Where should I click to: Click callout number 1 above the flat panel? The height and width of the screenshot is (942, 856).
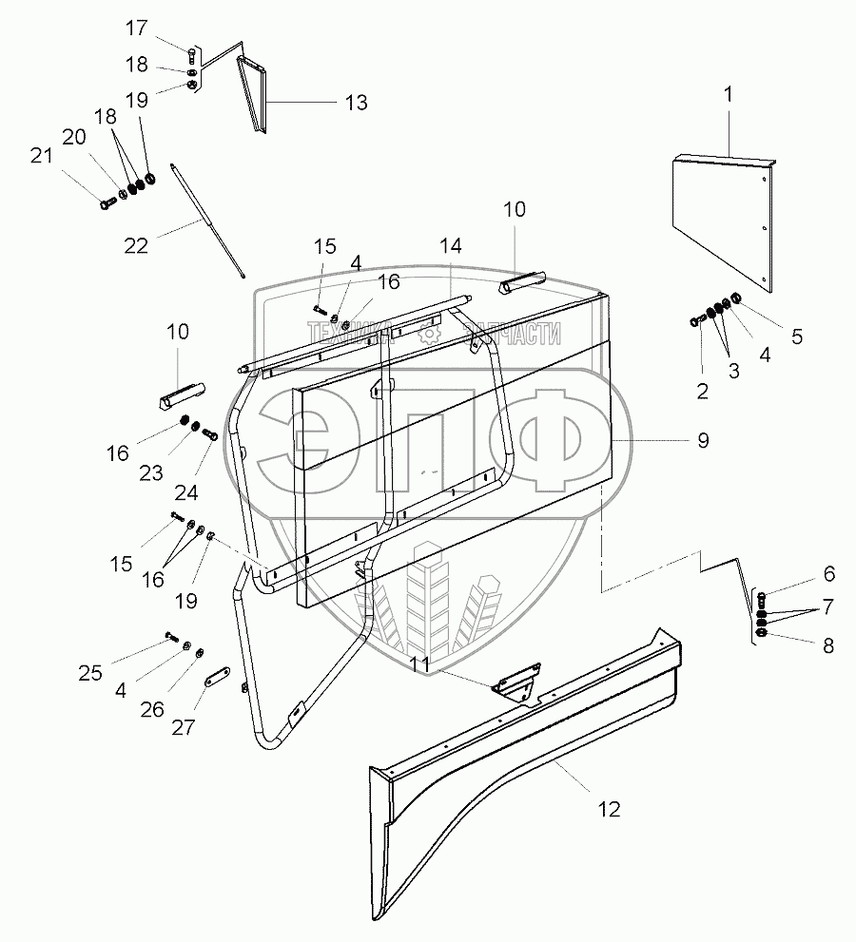pyautogui.click(x=730, y=96)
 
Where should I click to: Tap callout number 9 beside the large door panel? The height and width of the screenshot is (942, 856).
pyautogui.click(x=703, y=441)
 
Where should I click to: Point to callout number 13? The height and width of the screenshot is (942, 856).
pyautogui.click(x=356, y=104)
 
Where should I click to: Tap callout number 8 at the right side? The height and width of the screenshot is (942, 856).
pyautogui.click(x=827, y=645)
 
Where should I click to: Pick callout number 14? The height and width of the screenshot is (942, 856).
pyautogui.click(x=451, y=246)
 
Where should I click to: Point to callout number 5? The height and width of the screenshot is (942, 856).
pyautogui.click(x=797, y=336)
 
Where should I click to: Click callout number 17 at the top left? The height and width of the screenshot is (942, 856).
pyautogui.click(x=138, y=29)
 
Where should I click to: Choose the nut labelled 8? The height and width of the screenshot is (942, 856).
pyautogui.click(x=761, y=633)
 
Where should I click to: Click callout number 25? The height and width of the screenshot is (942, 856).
pyautogui.click(x=90, y=673)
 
